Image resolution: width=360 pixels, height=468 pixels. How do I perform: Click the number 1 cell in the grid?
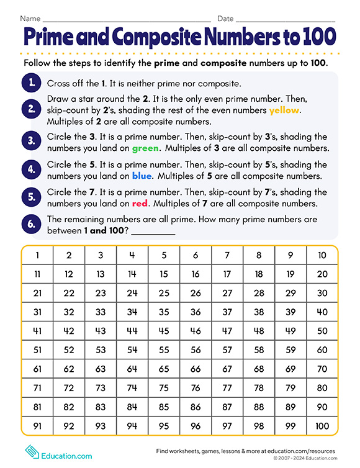(x=37, y=255)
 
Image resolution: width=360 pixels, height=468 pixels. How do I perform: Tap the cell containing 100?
(x=322, y=426)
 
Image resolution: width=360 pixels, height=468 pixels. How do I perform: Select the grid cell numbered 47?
(x=227, y=331)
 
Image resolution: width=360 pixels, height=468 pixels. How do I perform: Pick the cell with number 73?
(x=101, y=389)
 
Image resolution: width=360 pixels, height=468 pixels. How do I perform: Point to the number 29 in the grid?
(x=290, y=293)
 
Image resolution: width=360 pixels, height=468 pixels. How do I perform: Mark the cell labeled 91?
(x=37, y=426)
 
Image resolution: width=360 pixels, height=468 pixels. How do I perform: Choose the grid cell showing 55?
(x=164, y=350)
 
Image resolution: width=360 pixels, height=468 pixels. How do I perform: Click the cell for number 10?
(x=322, y=255)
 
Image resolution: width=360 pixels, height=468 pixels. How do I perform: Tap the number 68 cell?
(x=259, y=369)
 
